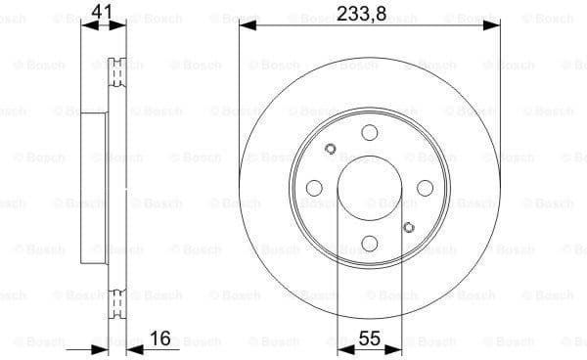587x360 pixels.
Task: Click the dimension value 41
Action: pos(101,12)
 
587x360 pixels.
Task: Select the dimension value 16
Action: pos(160,338)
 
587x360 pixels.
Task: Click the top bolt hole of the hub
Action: pos(369,132)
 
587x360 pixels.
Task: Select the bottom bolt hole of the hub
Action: pos(369,245)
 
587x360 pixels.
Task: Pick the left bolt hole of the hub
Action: pos(313,188)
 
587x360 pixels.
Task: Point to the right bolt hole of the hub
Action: pos(426,188)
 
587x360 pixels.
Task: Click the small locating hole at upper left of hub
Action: pos(330,149)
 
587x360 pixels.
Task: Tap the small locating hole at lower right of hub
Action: pos(409,227)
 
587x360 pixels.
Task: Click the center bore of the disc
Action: pos(369,188)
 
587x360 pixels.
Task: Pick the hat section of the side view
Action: pos(93,188)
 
